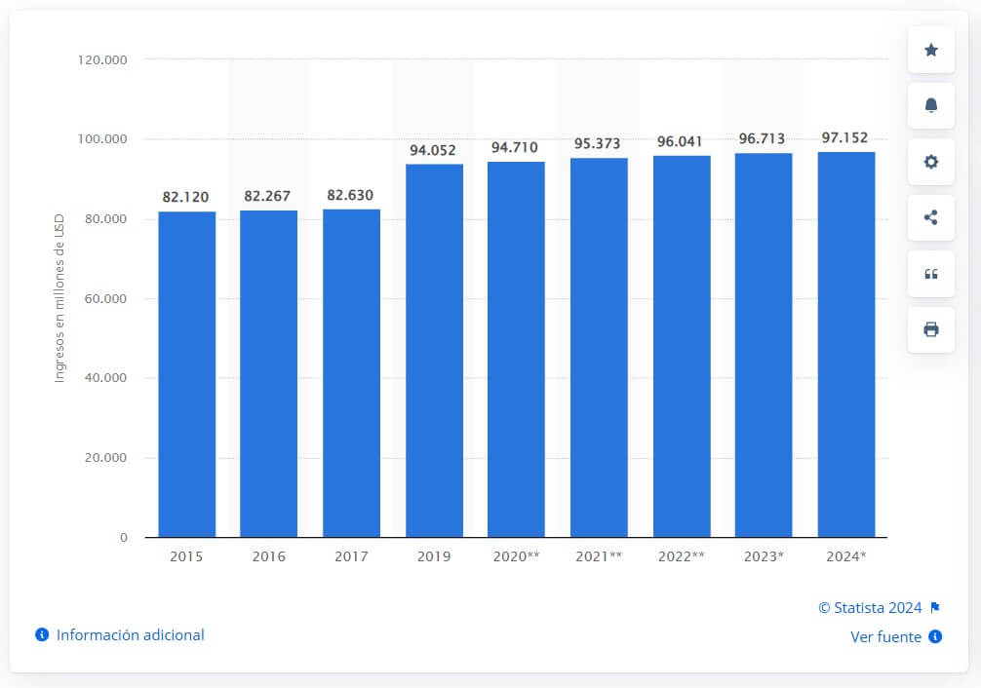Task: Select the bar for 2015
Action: pyautogui.click(x=186, y=374)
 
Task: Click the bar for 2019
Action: pyautogui.click(x=434, y=350)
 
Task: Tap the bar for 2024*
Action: pyautogui.click(x=845, y=345)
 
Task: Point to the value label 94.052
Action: pyautogui.click(x=433, y=150)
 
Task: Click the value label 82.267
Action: pyautogui.click(x=267, y=197)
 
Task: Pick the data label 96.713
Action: pyautogui.click(x=762, y=138)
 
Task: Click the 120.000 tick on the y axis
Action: pyautogui.click(x=102, y=60)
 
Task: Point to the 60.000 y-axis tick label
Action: pyautogui.click(x=105, y=299)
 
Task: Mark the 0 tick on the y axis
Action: pyautogui.click(x=123, y=538)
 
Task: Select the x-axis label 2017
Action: pyautogui.click(x=351, y=556)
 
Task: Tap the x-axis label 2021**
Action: pyautogui.click(x=599, y=556)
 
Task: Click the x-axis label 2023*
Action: pyautogui.click(x=764, y=556)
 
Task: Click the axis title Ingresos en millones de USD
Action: pyautogui.click(x=59, y=298)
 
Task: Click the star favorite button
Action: pyautogui.click(x=931, y=50)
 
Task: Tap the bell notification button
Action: pyautogui.click(x=931, y=105)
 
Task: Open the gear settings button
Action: pyautogui.click(x=931, y=162)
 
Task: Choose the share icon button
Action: pyautogui.click(x=931, y=217)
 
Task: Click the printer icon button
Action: pyautogui.click(x=931, y=329)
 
